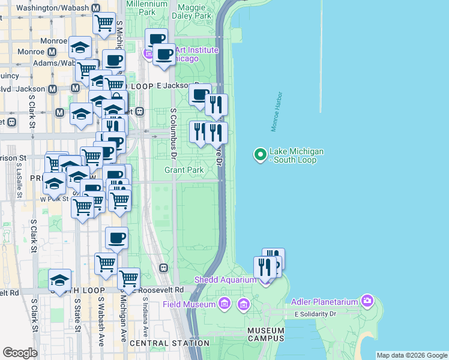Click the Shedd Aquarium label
coord(222,280)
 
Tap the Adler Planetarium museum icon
coord(367,301)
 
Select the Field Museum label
coord(189,305)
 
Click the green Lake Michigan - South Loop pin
coord(261,155)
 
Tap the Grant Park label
coord(184,170)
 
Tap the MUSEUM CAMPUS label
coord(265,334)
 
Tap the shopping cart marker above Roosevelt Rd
coord(128,278)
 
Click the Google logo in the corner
coord(20,353)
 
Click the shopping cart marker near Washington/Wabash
coord(104,23)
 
